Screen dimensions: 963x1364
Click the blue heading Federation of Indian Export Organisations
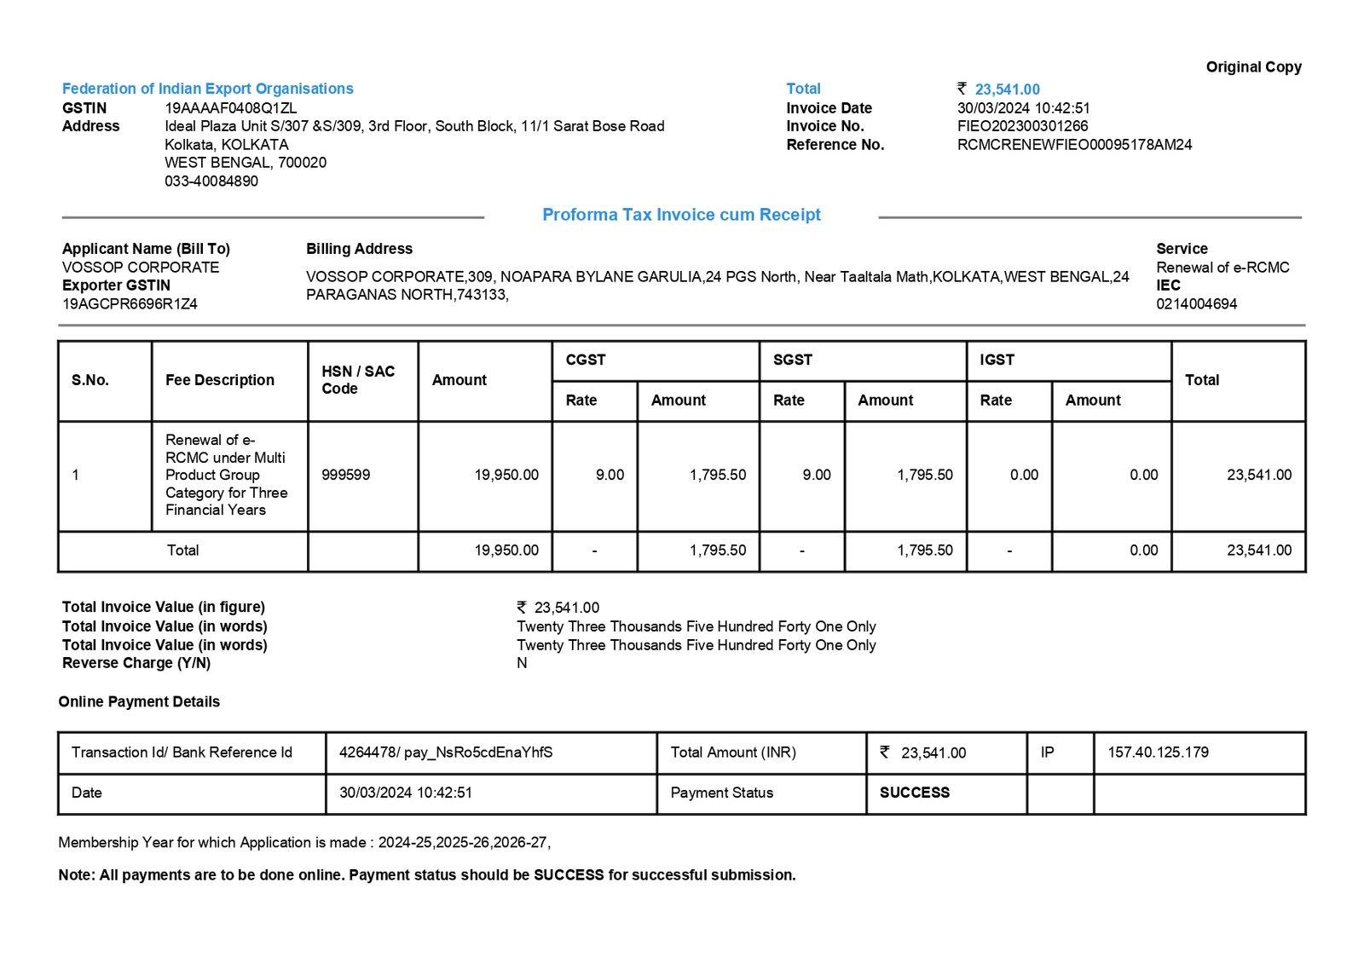(x=207, y=89)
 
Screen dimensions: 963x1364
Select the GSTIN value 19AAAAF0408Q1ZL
(x=230, y=108)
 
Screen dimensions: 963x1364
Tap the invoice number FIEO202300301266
(x=1022, y=126)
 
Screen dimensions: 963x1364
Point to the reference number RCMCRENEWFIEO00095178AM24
(x=1074, y=145)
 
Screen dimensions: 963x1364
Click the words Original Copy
(x=1253, y=67)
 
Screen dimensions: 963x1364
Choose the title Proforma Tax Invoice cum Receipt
(x=681, y=215)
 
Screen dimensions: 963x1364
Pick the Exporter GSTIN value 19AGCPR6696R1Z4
(x=130, y=304)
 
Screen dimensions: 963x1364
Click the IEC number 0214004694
(x=1196, y=304)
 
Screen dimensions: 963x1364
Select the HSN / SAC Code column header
(x=358, y=380)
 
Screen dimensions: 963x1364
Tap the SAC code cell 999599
(x=345, y=475)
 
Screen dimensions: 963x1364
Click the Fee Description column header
(x=220, y=380)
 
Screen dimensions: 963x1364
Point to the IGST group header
(x=997, y=360)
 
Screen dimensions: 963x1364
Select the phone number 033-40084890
(x=211, y=182)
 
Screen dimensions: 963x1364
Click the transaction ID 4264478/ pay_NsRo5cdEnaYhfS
(x=446, y=753)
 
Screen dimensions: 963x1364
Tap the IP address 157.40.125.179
(x=1158, y=753)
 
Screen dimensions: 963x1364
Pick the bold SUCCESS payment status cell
(x=914, y=793)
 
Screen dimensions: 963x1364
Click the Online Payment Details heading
(x=139, y=702)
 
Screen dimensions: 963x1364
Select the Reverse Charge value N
(x=522, y=663)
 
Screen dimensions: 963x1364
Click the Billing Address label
(x=359, y=249)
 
